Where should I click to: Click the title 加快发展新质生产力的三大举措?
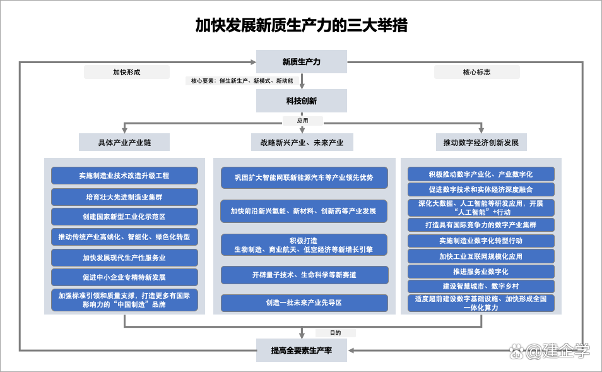click(x=301, y=25)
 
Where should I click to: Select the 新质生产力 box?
click(x=301, y=62)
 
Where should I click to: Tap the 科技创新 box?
click(x=301, y=101)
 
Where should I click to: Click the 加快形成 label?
click(x=127, y=72)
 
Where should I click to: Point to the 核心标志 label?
click(x=476, y=72)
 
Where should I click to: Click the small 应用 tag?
click(x=303, y=121)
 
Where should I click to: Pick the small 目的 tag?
click(x=336, y=333)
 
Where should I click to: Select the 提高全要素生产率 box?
click(x=301, y=350)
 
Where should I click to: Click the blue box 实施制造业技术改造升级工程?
click(x=124, y=176)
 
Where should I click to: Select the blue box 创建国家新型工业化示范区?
click(x=124, y=217)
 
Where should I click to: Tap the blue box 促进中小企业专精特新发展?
click(x=124, y=277)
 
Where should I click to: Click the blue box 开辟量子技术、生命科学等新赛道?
click(x=304, y=275)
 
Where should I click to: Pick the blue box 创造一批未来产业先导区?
click(x=304, y=303)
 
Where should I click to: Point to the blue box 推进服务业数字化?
click(x=481, y=272)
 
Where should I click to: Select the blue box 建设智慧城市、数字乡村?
click(x=481, y=286)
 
